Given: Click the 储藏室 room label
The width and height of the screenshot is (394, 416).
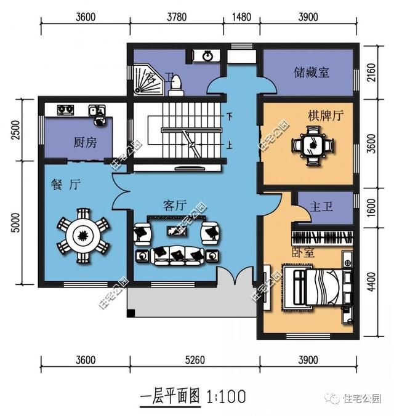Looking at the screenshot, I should pos(311,73).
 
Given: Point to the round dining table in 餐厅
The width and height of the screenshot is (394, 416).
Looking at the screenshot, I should pos(82,235).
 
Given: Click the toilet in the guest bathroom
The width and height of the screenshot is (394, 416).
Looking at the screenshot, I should pos(175,83).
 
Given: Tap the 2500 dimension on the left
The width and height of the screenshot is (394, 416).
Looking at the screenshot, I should pos(17,132).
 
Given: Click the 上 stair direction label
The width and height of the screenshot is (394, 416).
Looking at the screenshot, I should pos(229,146).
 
